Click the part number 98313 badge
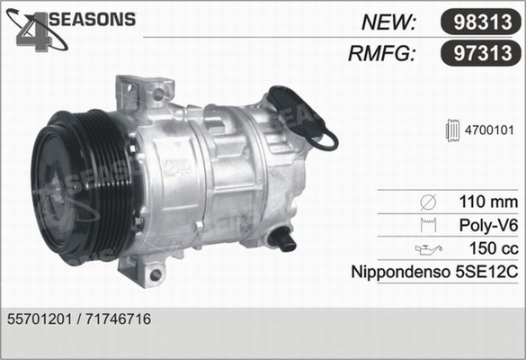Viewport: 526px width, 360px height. pyautogui.click(x=480, y=22)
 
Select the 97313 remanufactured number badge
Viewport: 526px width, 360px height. pyautogui.click(x=480, y=53)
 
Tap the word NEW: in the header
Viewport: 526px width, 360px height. pyautogui.click(x=388, y=22)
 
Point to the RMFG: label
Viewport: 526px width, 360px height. pyautogui.click(x=382, y=53)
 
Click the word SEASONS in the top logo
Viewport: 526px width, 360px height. pyautogui.click(x=93, y=19)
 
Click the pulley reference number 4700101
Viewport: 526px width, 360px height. pyautogui.click(x=489, y=130)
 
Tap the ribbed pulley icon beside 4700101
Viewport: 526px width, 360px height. pyautogui.click(x=452, y=130)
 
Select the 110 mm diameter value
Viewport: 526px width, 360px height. pyautogui.click(x=488, y=202)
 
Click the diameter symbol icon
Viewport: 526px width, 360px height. pyautogui.click(x=428, y=202)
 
